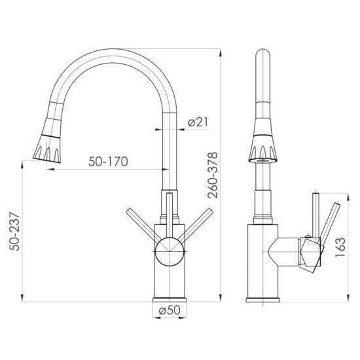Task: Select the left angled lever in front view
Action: [x=141, y=221]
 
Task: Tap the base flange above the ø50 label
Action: [x=170, y=300]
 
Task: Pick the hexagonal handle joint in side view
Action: [x=312, y=252]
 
